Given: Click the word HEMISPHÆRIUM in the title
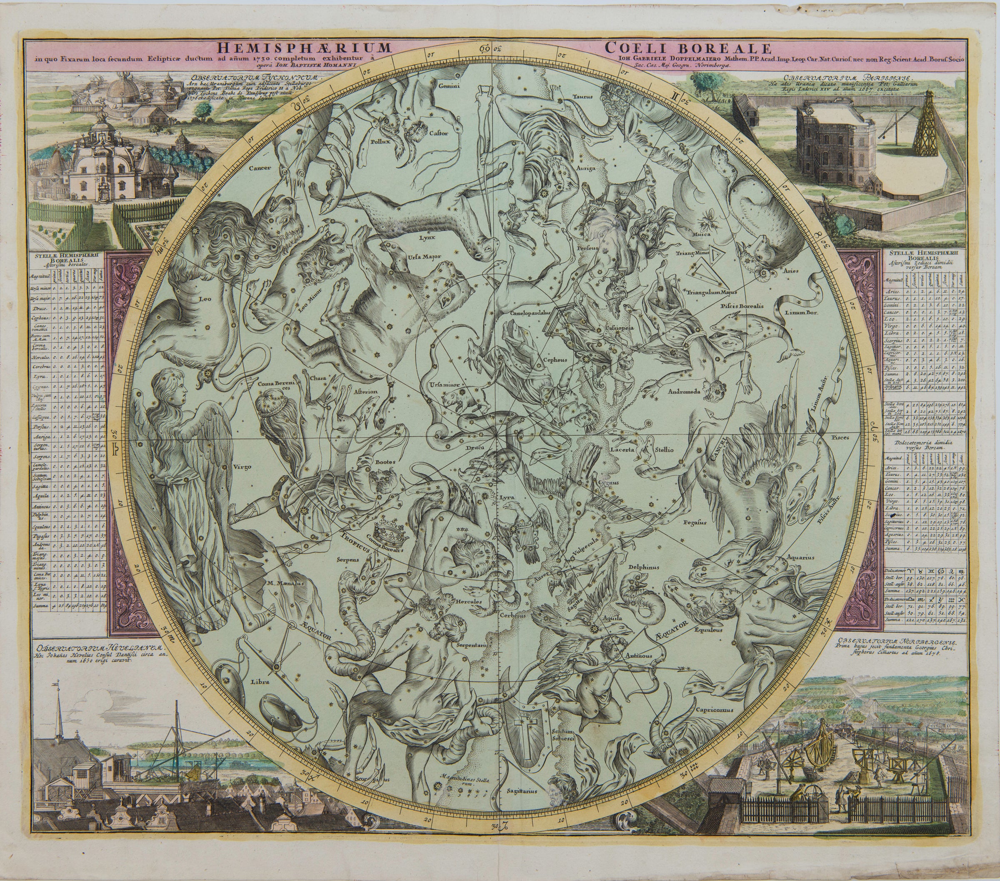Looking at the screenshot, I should (304, 48).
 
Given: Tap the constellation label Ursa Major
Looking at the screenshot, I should (424, 256).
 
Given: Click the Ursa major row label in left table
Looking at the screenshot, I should (45, 298).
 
